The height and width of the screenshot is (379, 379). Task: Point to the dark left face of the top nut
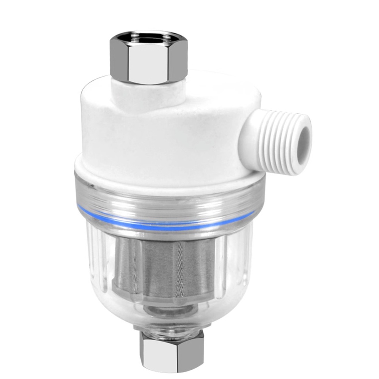[x=117, y=59]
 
